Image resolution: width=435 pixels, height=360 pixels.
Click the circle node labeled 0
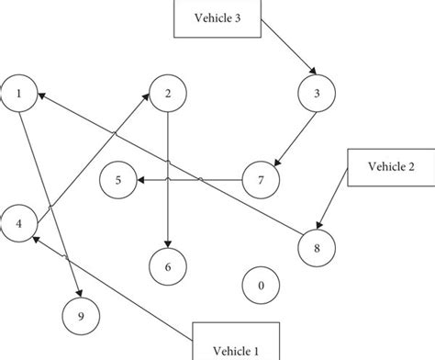262,286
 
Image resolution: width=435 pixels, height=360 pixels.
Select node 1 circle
20,94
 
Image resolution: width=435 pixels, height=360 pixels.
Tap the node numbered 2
168,94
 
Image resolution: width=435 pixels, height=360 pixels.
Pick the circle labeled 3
316,94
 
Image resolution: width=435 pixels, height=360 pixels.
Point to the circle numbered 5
118,179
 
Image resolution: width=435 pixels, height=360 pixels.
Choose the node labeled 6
168,266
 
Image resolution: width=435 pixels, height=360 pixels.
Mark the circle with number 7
262,179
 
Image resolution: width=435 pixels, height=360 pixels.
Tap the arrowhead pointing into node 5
141,179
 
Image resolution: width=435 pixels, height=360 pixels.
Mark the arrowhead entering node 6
168,242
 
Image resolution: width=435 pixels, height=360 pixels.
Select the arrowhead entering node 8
320,224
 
